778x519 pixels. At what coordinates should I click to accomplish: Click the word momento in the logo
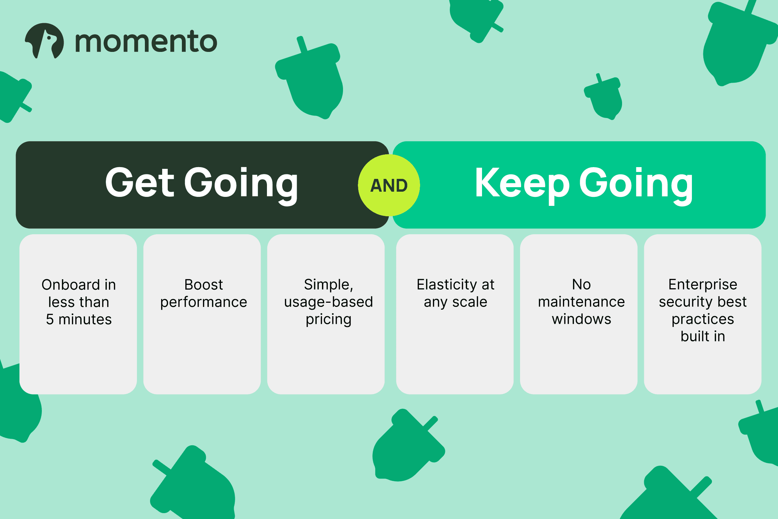[146, 42]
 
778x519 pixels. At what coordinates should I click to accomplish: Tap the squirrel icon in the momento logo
[44, 41]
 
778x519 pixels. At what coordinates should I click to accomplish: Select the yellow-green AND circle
[389, 185]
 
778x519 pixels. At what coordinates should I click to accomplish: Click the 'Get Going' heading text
[202, 184]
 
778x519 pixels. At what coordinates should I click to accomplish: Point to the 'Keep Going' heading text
[584, 184]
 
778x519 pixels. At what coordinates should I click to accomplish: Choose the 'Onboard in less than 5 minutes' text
[79, 302]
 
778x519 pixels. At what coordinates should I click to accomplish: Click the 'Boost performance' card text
[204, 293]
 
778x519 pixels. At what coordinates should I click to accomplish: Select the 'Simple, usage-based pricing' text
[328, 302]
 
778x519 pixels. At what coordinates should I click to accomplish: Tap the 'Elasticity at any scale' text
[455, 293]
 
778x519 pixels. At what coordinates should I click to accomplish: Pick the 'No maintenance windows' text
[582, 302]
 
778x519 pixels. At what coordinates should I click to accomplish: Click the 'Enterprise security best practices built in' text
[703, 310]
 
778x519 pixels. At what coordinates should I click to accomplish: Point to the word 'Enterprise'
[703, 285]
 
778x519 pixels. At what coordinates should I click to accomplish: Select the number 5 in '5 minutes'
[50, 319]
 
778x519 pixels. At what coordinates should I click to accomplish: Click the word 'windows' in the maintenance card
[582, 319]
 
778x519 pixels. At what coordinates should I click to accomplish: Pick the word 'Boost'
[204, 284]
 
